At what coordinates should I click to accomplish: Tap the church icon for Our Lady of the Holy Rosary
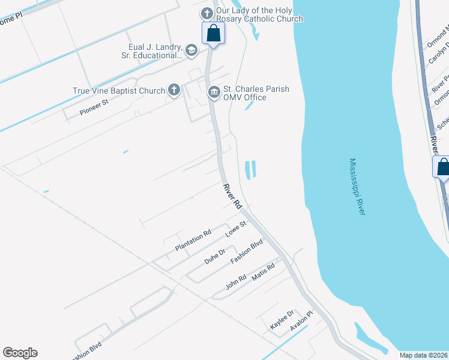tap(207, 13)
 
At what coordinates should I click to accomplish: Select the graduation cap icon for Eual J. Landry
tap(191, 50)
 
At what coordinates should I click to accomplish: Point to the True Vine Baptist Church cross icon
tap(173, 91)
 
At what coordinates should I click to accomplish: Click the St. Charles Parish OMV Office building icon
tap(214, 92)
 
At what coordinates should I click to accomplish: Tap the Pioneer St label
tap(94, 107)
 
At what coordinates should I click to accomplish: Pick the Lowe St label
tap(236, 229)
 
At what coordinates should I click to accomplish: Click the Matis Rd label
tap(263, 273)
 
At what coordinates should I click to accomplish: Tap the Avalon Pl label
tap(302, 321)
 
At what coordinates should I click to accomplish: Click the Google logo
tap(20, 353)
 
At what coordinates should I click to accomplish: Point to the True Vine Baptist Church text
tap(119, 91)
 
